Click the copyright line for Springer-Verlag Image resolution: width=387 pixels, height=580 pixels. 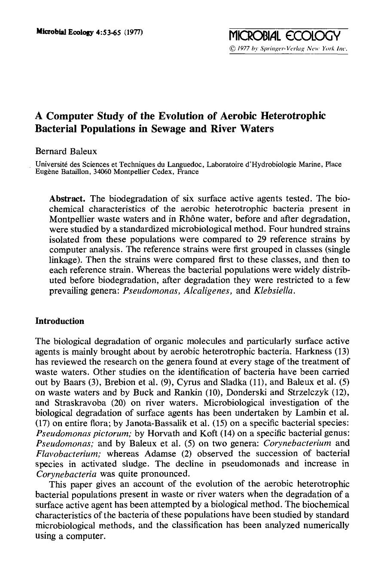[x=288, y=49]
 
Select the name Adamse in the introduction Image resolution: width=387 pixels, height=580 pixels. [x=157, y=453]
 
